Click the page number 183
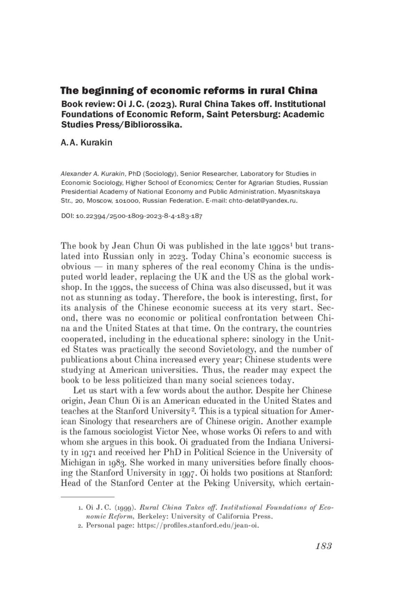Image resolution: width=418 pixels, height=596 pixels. click(x=324, y=546)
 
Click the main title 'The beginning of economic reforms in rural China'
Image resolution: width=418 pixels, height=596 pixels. click(x=188, y=91)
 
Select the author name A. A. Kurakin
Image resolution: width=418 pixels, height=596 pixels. click(x=86, y=143)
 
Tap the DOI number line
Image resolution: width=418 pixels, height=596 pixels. click(x=132, y=216)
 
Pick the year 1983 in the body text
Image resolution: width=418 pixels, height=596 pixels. click(x=119, y=463)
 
